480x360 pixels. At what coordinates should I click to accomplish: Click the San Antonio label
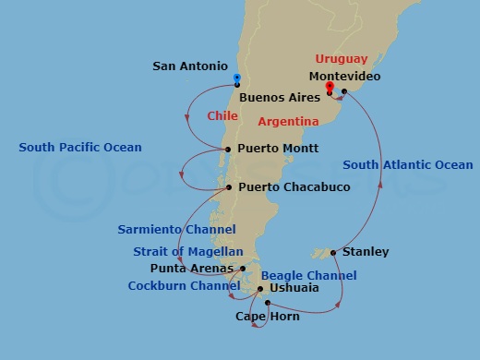coord(189,66)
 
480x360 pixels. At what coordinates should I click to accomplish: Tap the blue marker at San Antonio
coord(236,79)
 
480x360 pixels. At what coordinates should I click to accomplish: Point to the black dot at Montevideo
coord(343,91)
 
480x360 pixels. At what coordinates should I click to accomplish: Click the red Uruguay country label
coord(341,59)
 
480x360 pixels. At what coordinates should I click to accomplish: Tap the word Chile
coord(222,116)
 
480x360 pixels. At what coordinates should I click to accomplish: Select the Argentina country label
coord(289,121)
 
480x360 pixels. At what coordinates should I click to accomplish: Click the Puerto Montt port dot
coord(228,149)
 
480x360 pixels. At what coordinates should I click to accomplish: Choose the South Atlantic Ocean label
coord(407,165)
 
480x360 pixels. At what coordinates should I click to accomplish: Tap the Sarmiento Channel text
coord(176,229)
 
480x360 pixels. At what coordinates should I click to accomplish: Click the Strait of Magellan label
coord(188,251)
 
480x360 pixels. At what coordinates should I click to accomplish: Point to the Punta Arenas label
coord(189,269)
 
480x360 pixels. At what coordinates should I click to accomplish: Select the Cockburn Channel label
coord(184,286)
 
